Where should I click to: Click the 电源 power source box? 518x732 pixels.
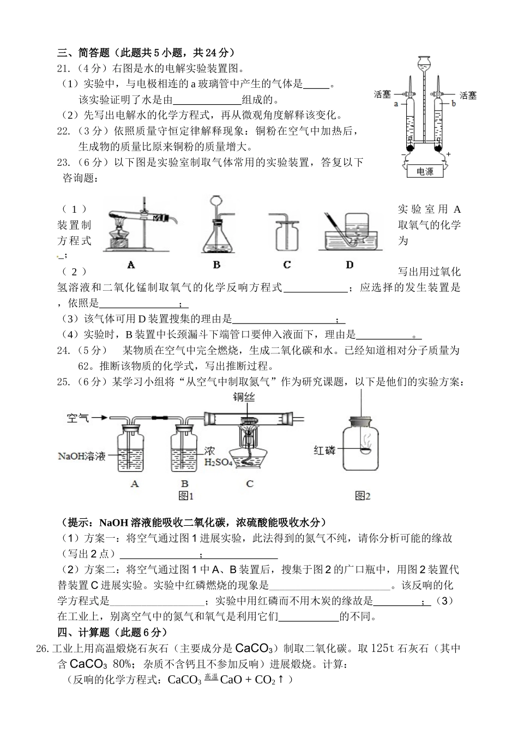point(425,171)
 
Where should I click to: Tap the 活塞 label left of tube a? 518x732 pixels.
point(382,94)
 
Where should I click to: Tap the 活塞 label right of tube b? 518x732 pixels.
point(467,95)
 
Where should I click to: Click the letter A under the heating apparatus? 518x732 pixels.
point(131,265)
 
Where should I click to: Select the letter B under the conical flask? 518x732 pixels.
point(216,265)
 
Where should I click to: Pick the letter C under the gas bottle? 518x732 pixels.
point(287,265)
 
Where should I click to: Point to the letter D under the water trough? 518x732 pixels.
point(350,265)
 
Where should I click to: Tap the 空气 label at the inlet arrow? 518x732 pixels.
point(78,418)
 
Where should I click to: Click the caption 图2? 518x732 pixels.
point(363,496)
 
